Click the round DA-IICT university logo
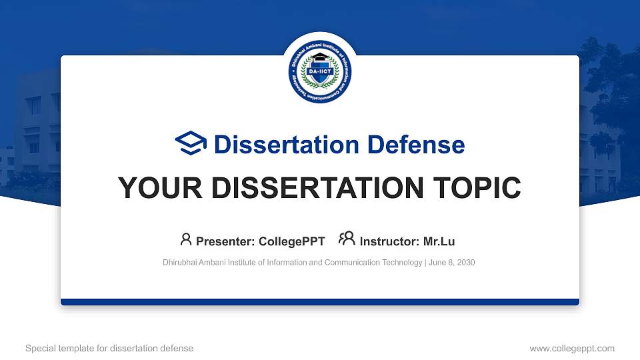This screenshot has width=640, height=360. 320,71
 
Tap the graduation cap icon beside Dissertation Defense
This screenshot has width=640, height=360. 191,144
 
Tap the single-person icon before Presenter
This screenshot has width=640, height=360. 186,240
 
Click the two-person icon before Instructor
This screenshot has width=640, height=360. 347,240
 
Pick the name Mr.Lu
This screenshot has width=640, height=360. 439,241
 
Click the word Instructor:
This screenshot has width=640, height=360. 389,241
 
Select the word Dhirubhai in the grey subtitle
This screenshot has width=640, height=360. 181,263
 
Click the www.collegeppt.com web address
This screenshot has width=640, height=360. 571,348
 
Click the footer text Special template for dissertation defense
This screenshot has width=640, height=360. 109,348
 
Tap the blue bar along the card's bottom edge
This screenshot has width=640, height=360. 320,302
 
